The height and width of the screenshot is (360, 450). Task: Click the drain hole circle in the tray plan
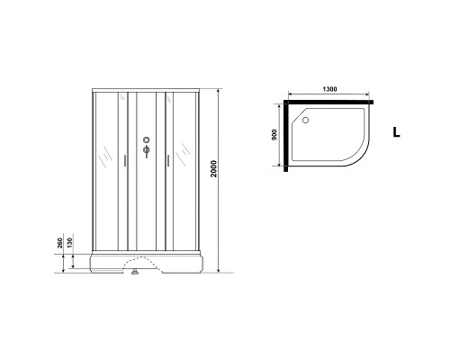click(x=306, y=118)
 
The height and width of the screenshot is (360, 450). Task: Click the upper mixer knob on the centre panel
click(x=144, y=140)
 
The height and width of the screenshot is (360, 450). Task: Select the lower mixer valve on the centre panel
click(x=144, y=153)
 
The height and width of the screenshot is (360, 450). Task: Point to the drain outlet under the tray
click(x=134, y=265)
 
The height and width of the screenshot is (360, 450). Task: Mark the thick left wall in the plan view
click(x=285, y=135)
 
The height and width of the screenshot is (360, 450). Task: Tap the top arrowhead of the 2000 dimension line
click(x=220, y=91)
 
